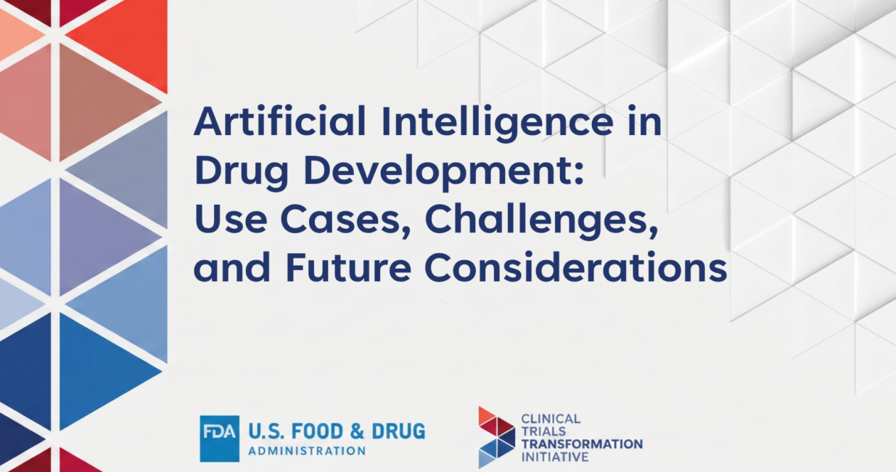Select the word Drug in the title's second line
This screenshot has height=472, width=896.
[x=241, y=172]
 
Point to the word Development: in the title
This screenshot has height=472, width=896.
[x=444, y=172]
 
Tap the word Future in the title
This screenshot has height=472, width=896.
[x=349, y=267]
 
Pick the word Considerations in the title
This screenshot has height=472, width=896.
[x=575, y=266]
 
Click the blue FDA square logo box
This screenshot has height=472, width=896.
[x=220, y=439]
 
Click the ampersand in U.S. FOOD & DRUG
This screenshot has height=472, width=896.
[x=357, y=431]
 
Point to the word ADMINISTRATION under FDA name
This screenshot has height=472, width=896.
[x=307, y=451]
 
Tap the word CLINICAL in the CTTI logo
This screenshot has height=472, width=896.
[x=551, y=419]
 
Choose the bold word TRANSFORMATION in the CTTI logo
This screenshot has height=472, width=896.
[x=582, y=444]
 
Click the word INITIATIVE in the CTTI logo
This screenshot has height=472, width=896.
[x=555, y=457]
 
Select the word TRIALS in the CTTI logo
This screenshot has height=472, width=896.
[x=538, y=431]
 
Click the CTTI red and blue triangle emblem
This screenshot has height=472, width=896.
[x=496, y=437]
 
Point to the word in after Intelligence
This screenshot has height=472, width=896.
[x=644, y=121]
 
